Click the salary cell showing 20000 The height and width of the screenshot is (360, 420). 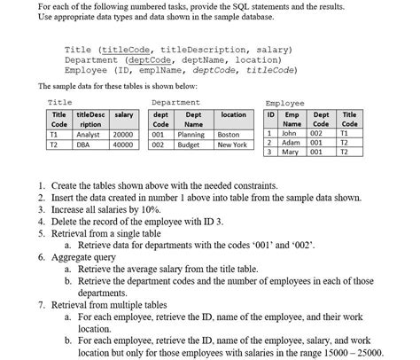123,134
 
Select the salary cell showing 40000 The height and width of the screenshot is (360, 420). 123,145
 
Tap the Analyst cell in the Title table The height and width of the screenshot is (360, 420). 89,134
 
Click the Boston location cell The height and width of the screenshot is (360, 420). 229,134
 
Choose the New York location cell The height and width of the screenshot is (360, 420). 232,145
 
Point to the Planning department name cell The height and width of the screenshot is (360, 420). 191,134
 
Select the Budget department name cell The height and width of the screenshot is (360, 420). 189,145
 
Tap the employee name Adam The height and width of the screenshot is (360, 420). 290,143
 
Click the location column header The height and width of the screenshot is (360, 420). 233,115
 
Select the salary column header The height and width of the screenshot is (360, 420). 124,115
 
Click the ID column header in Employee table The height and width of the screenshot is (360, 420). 270,115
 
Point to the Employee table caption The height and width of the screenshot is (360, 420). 283,103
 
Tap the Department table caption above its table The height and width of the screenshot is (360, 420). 175,103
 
